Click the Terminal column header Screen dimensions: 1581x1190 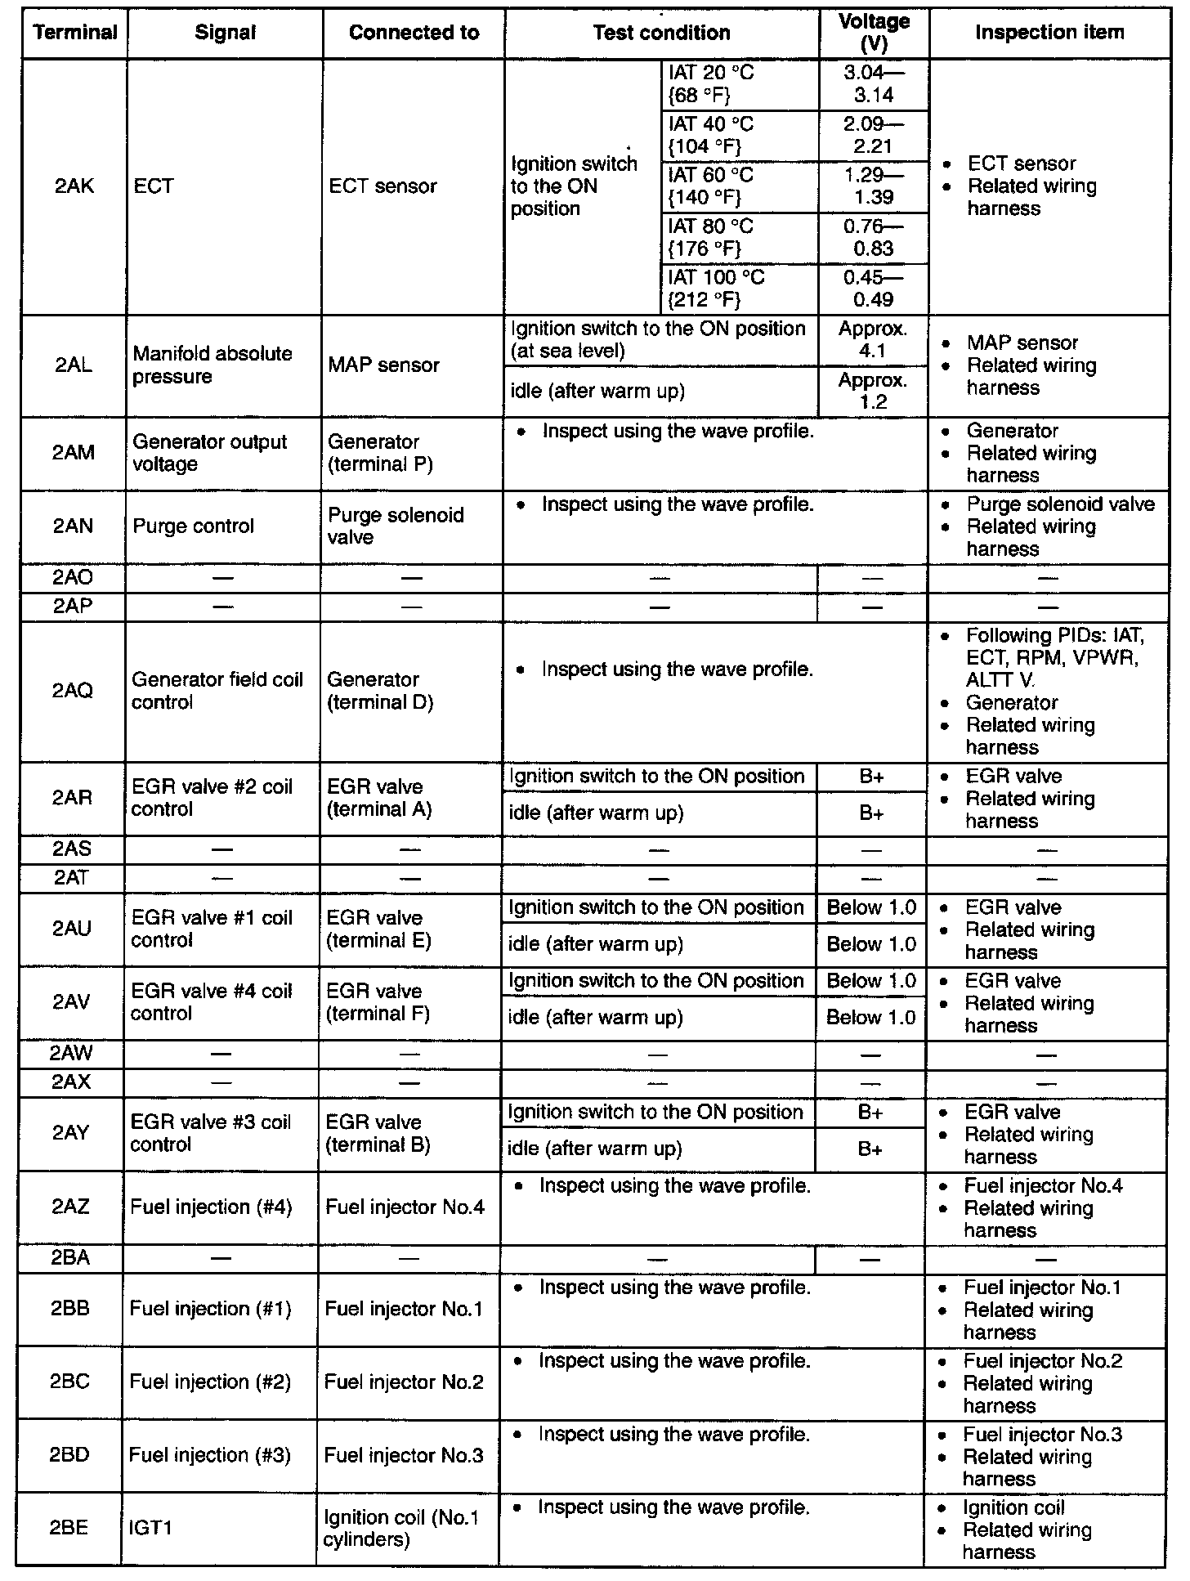[x=74, y=33]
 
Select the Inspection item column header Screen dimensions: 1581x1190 [x=1049, y=33]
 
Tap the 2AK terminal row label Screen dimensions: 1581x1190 [x=74, y=186]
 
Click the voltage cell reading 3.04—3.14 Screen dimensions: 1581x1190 [x=874, y=84]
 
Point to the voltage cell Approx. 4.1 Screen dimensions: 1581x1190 [x=873, y=340]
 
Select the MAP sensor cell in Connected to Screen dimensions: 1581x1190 [x=384, y=365]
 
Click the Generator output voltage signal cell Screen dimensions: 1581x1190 [x=210, y=453]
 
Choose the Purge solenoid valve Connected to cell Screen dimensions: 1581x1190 [x=396, y=526]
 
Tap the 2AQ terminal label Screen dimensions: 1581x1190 [x=73, y=691]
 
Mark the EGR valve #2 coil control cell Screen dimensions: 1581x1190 [x=212, y=798]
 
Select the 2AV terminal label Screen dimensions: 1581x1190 [x=72, y=1002]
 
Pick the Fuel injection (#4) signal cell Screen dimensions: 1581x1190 [x=211, y=1207]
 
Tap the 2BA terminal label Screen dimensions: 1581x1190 [x=70, y=1258]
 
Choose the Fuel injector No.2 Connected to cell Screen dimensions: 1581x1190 [x=404, y=1382]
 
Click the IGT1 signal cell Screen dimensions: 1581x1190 [x=150, y=1528]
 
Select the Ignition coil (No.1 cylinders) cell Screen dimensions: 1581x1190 [x=400, y=1528]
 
